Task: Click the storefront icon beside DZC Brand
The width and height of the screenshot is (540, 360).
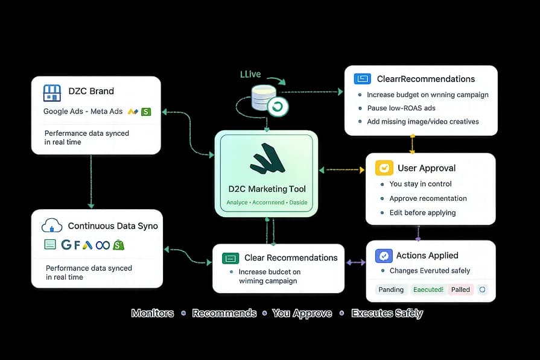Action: tap(52, 92)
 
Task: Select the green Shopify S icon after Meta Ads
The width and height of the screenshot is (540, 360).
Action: tap(146, 112)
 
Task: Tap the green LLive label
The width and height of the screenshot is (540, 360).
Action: tap(250, 74)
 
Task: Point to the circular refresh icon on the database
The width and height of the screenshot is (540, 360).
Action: tap(278, 107)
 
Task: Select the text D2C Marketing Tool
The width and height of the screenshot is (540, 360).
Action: tap(266, 189)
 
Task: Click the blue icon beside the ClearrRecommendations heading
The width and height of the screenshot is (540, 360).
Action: tap(363, 79)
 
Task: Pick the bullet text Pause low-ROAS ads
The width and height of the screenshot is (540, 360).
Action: tap(401, 108)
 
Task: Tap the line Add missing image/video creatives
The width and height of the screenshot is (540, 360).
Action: tap(422, 121)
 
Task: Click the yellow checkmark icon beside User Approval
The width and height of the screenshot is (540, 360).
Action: tap(384, 168)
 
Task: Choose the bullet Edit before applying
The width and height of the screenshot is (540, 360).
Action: tap(422, 212)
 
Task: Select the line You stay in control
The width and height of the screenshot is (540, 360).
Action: tap(420, 184)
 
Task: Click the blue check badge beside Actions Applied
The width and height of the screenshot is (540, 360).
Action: tap(384, 256)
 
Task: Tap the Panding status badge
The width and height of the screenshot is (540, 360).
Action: tap(391, 289)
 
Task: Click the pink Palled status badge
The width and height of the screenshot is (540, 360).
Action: tap(460, 289)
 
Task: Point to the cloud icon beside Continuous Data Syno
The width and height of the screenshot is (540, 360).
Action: tap(52, 226)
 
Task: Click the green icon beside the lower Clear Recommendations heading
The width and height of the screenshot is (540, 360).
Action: tap(230, 258)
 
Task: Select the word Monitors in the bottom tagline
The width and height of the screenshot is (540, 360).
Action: tap(153, 313)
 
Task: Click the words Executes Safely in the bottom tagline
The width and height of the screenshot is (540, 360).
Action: tap(387, 313)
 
